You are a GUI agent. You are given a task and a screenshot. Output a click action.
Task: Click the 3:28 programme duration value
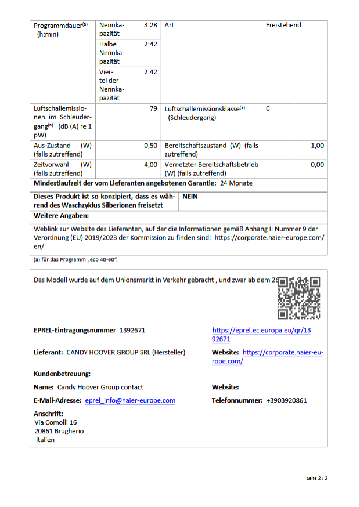(x=150, y=25)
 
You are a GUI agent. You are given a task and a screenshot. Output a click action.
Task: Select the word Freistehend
(x=283, y=25)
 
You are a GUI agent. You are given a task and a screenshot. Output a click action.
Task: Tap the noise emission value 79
(x=153, y=108)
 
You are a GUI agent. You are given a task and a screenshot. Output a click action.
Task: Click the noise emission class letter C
(x=268, y=108)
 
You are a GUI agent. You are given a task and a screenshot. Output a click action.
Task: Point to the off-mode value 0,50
(x=150, y=146)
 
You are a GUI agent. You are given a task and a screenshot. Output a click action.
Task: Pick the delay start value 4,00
(x=150, y=165)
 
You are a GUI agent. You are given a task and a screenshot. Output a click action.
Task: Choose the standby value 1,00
(x=317, y=146)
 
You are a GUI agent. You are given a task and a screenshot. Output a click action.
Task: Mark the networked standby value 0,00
(x=317, y=165)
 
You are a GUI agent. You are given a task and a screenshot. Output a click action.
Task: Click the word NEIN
(x=190, y=197)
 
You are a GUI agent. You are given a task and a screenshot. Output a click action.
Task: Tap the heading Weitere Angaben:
(x=61, y=216)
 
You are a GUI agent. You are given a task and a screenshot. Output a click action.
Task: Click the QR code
(x=298, y=298)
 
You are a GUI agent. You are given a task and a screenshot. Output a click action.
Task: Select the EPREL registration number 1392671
(x=132, y=330)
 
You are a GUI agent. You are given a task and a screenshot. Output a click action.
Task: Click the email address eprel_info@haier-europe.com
(x=130, y=400)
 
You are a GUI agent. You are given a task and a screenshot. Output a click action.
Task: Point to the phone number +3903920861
(x=286, y=400)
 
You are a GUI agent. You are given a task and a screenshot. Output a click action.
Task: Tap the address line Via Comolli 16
(x=56, y=422)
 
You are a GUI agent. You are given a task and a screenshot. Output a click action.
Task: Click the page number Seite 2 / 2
(x=317, y=479)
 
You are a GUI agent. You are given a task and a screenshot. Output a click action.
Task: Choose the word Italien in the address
(x=45, y=440)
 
